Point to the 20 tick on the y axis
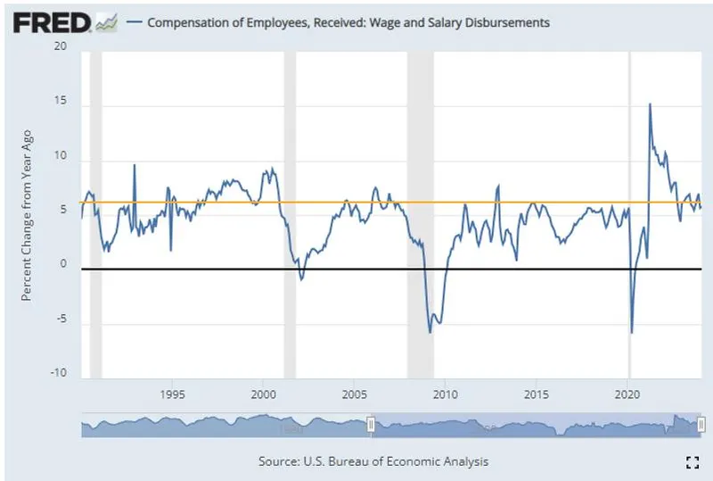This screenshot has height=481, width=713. (x=61, y=46)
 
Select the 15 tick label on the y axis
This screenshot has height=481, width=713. (x=61, y=104)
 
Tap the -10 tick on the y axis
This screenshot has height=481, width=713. (x=59, y=373)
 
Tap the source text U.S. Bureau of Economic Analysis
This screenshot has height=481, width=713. (x=373, y=461)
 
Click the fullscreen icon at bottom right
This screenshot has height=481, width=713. (x=691, y=461)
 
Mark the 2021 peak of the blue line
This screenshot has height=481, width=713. (x=649, y=104)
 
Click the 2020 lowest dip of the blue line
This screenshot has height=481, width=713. (x=631, y=333)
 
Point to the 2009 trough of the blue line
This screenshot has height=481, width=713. (x=430, y=333)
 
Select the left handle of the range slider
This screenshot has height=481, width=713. (x=371, y=426)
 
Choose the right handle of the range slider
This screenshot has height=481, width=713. (x=701, y=426)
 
